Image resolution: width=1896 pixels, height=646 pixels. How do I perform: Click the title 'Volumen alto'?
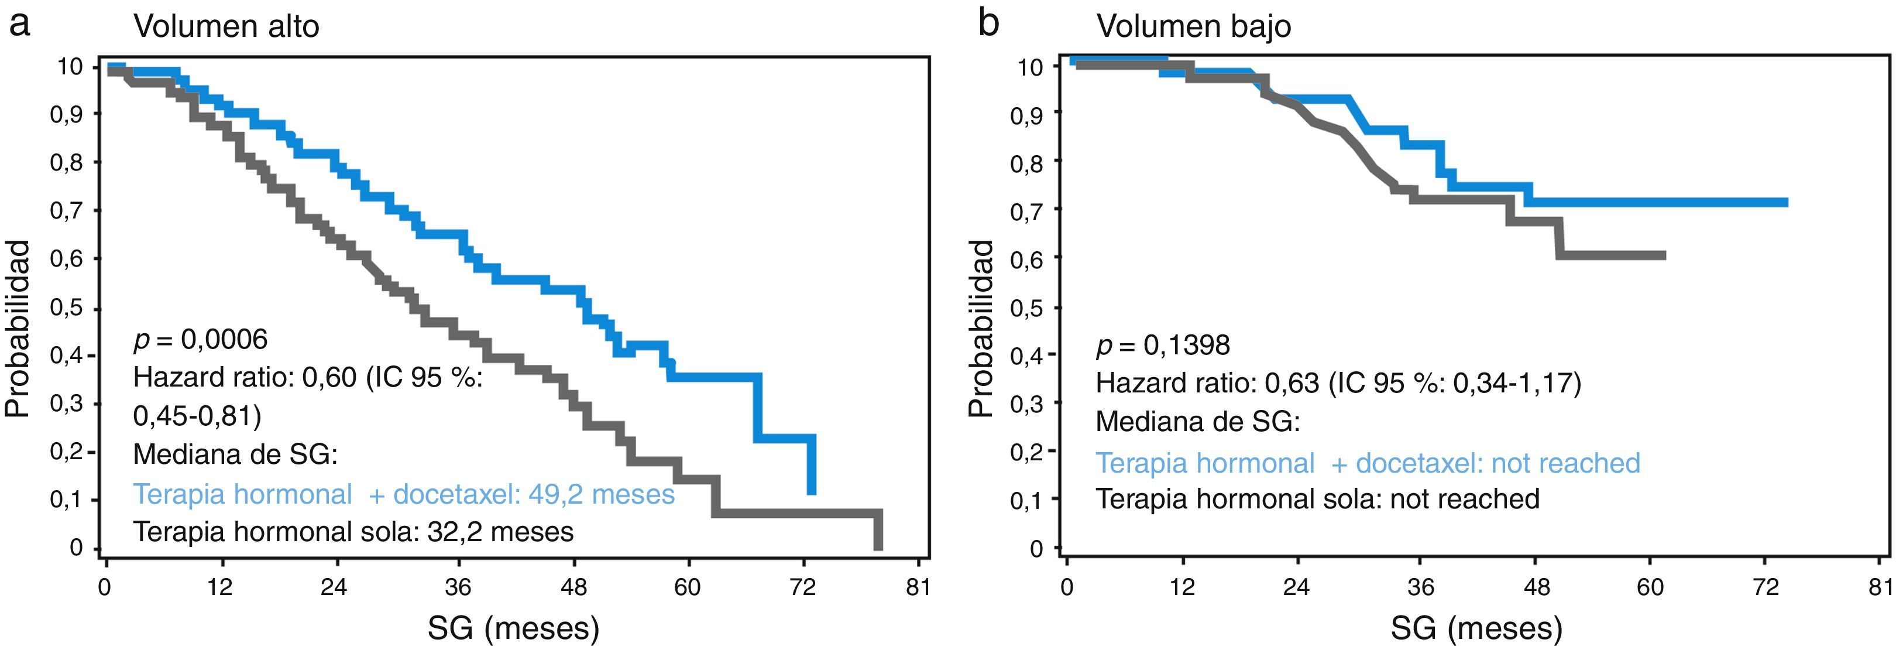[x=226, y=26]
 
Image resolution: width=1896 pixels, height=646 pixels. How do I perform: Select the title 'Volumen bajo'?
[x=1194, y=26]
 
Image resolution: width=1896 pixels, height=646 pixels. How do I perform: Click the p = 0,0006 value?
[x=200, y=340]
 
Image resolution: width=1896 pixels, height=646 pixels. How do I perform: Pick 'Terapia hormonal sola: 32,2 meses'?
[x=352, y=531]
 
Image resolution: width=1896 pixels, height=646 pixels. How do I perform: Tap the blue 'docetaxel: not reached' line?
[x=1368, y=463]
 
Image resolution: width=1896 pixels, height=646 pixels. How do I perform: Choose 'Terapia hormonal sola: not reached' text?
[x=1317, y=498]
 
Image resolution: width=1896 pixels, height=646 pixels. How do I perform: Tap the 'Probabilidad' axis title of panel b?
[x=982, y=329]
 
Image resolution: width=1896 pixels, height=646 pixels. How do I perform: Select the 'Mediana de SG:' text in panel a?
[x=235, y=454]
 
